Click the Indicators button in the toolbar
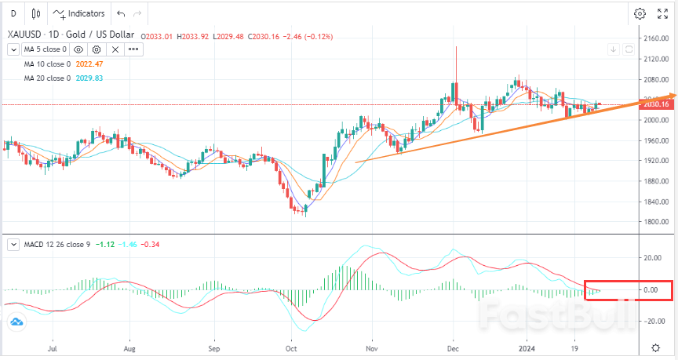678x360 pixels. pos(78,14)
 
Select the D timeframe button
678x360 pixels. pos(13,14)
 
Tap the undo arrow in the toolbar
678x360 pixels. pos(120,14)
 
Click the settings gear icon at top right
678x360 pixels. pos(640,13)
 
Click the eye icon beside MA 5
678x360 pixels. pos(78,49)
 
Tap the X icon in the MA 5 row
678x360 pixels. pos(115,49)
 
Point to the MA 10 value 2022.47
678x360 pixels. pos(91,64)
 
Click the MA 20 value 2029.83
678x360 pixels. pos(91,78)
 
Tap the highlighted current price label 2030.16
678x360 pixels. pos(654,104)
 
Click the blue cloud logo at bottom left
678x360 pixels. pos(16,322)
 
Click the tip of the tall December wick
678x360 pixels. pos(456,46)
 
